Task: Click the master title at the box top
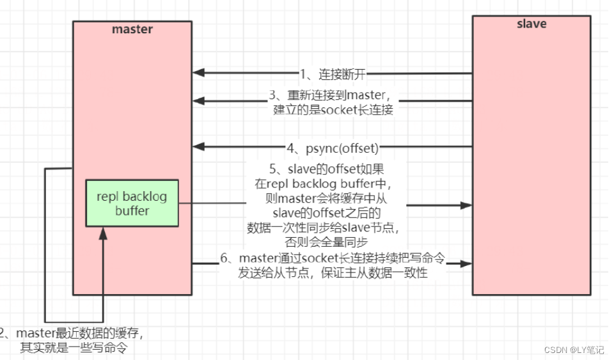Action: (x=132, y=29)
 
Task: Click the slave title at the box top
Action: (x=531, y=24)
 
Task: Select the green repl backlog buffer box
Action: (x=132, y=203)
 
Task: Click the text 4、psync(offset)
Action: (x=333, y=148)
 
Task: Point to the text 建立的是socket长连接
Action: (x=333, y=110)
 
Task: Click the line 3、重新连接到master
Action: (x=333, y=96)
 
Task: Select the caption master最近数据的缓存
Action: (x=77, y=333)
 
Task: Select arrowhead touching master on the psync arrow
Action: (x=198, y=146)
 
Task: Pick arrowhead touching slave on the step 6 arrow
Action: (x=467, y=263)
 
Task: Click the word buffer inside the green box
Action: (x=132, y=210)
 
